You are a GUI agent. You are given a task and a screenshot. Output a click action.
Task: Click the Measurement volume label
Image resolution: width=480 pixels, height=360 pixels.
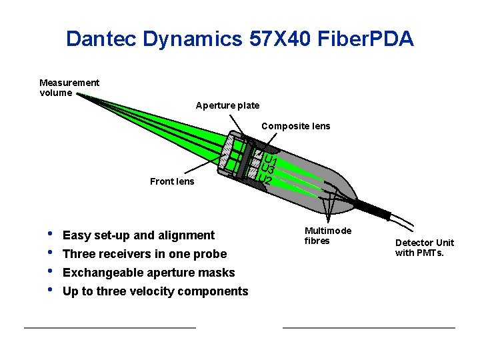[69, 87]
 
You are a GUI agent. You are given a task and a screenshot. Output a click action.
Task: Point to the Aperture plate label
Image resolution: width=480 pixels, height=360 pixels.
[227, 105]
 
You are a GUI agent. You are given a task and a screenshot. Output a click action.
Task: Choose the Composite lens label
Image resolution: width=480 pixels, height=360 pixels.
[295, 126]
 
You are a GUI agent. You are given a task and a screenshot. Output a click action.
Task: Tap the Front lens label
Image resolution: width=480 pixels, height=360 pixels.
[172, 181]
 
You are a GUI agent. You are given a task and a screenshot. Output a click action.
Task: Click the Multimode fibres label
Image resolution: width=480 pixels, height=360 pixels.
[327, 235]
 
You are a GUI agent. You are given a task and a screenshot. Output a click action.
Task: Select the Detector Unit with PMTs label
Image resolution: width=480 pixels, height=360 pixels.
[424, 247]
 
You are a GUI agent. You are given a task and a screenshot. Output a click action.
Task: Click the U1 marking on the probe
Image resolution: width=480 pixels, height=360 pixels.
[271, 160]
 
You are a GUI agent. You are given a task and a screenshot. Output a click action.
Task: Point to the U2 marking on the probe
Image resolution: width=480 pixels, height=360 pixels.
[265, 181]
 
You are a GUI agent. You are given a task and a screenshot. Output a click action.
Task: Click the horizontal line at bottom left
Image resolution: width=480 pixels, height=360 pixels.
[109, 327]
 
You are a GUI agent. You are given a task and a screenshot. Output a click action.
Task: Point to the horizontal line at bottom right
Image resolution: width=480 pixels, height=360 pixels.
[369, 327]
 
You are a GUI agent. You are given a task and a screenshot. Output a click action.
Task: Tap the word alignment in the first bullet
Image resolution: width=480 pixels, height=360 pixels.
[189, 235]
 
